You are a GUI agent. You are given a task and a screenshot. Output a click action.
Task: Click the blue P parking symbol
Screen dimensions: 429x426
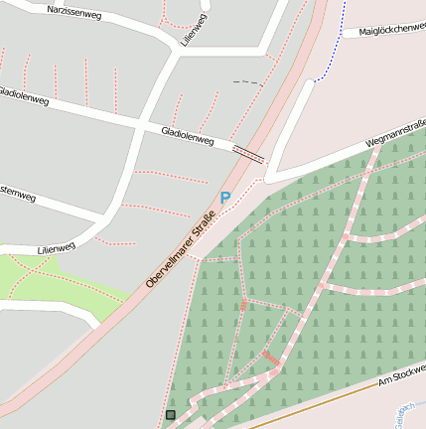coord(225,198)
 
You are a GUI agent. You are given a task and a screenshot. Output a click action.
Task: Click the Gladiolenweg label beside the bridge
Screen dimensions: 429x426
coord(187,135)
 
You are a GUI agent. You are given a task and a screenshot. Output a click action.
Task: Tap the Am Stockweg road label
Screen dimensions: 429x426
coord(401,376)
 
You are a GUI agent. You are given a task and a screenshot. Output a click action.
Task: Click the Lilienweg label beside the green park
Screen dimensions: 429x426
coord(56,247)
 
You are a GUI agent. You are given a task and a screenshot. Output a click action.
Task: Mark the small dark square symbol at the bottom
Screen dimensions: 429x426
coord(171,414)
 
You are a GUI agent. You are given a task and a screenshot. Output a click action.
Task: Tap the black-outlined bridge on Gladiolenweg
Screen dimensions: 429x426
coord(248,153)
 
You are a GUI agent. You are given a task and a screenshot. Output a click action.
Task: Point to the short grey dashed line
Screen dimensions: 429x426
coord(248,82)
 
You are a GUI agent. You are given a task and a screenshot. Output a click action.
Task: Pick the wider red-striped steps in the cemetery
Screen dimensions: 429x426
coord(270,357)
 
